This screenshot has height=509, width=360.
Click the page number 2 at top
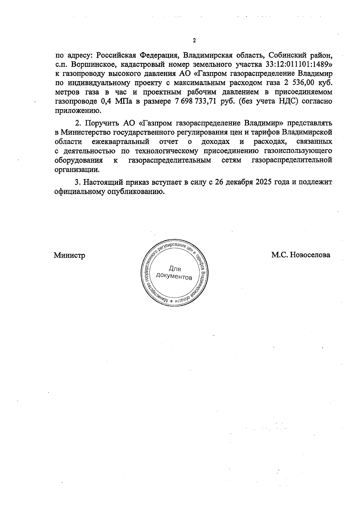pyautogui.click(x=194, y=41)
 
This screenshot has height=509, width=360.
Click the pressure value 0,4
pyautogui.click(x=105, y=101)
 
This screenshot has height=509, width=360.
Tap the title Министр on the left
pyautogui.click(x=69, y=256)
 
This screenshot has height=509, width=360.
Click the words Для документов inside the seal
pyautogui.click(x=174, y=273)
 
